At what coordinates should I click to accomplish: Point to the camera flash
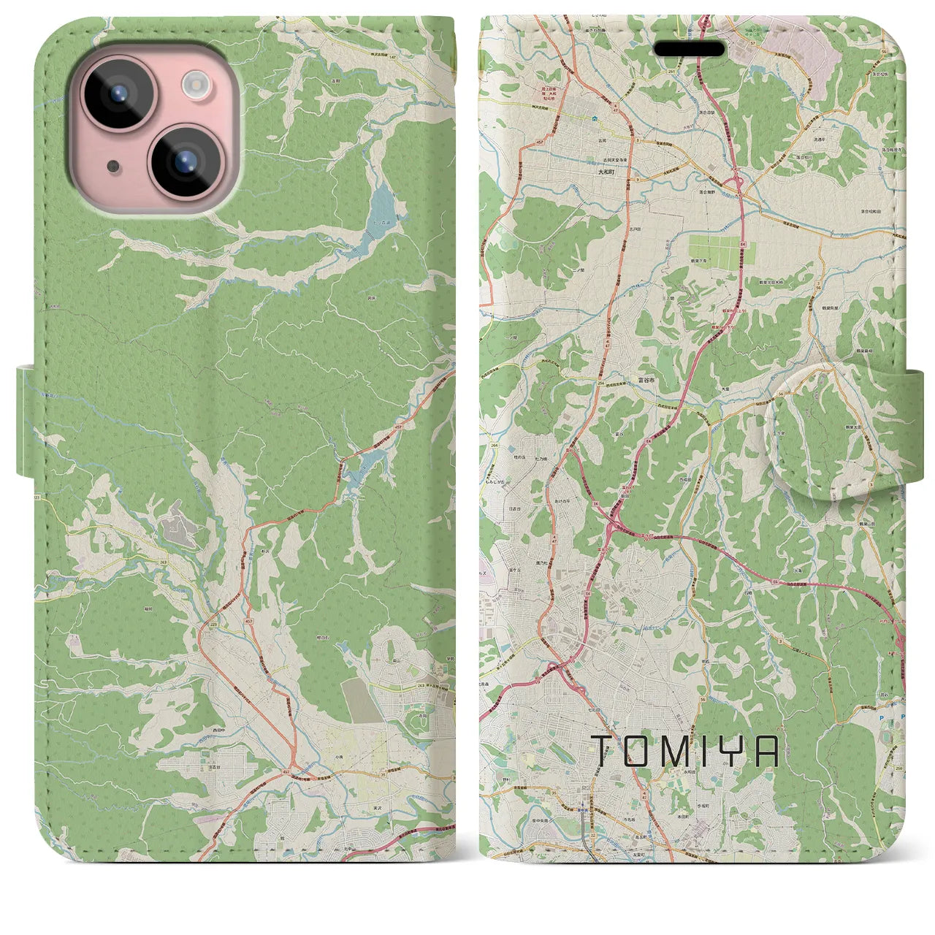196,85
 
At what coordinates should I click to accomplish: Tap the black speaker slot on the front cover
689,49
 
